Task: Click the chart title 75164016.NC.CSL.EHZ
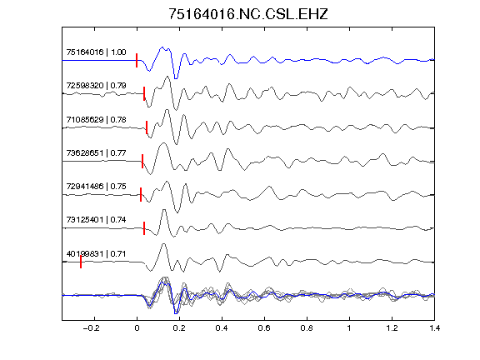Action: coord(248,14)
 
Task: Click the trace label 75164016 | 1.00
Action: coord(96,52)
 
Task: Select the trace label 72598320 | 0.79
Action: coord(96,85)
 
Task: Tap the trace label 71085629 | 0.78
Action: coord(96,119)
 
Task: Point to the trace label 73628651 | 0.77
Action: coord(96,152)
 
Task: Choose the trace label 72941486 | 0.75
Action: coord(96,186)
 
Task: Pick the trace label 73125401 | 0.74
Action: coord(96,219)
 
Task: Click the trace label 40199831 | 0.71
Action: coord(96,254)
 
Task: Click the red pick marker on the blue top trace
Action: coord(137,60)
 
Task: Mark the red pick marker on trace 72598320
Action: coord(144,93)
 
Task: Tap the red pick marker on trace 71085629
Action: coord(147,127)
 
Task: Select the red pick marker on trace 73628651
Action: coord(142,161)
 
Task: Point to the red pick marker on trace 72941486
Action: coord(141,194)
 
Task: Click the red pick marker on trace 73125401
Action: coord(144,228)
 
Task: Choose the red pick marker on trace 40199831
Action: coord(81,262)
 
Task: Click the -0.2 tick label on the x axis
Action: coord(92,328)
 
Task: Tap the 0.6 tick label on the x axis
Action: coord(264,328)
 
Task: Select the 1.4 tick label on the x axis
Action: coord(434,328)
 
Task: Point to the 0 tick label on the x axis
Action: coord(137,328)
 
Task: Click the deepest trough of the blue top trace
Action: coord(176,78)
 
